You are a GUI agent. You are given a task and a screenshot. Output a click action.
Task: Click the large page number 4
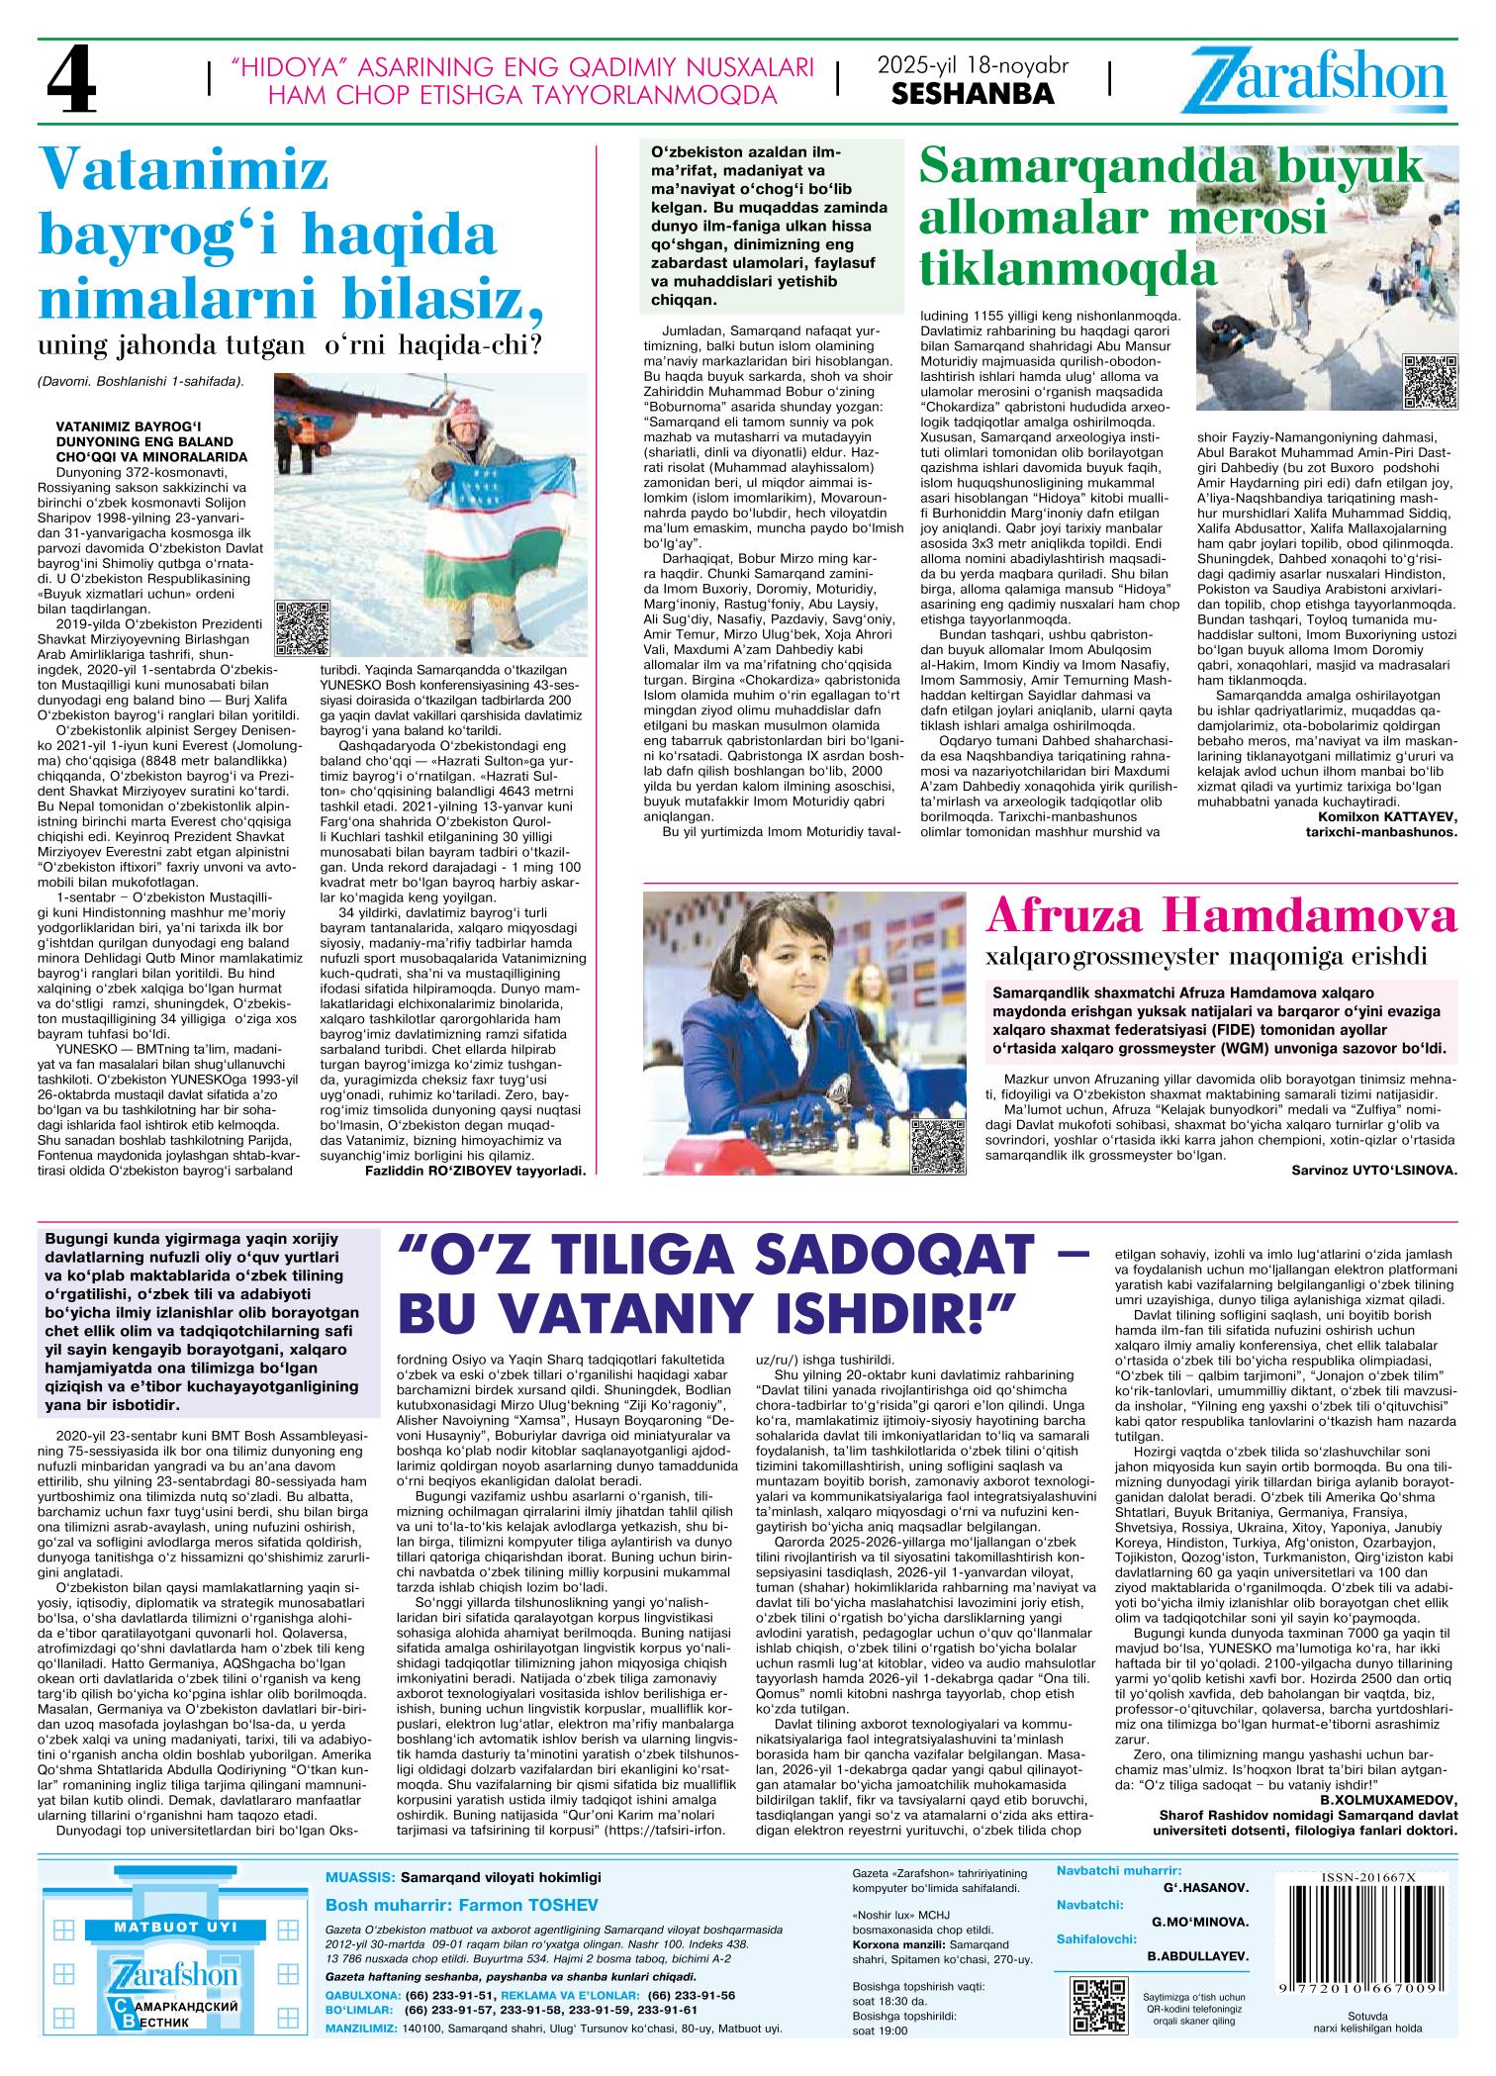tap(72, 84)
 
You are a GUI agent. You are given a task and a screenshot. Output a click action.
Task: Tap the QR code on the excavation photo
tap(1429, 380)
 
